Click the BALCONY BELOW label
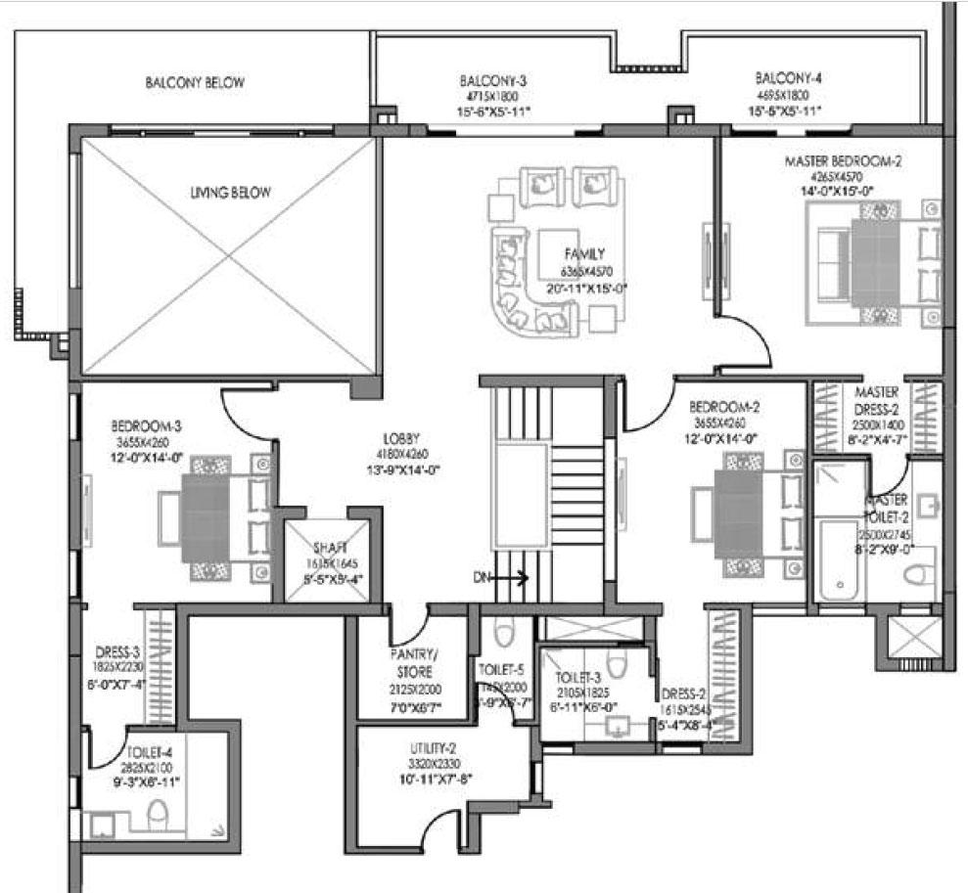point(195,83)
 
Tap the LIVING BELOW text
point(231,193)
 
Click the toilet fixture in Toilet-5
point(504,635)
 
